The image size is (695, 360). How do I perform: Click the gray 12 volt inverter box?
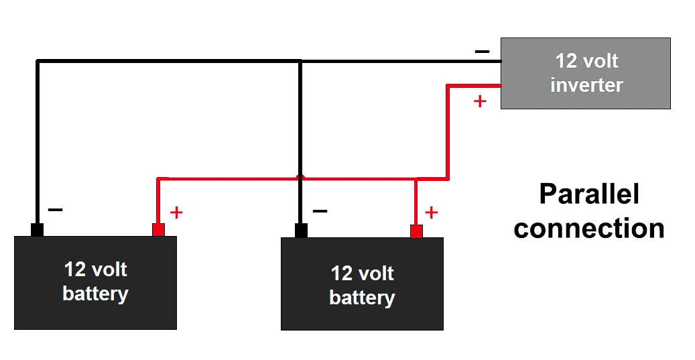coord(586,73)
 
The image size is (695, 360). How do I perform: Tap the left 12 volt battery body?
coord(95,282)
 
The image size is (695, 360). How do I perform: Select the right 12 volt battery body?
coord(362,284)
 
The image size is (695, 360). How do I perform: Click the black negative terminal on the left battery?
coord(38,229)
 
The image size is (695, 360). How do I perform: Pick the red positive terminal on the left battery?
coord(158,229)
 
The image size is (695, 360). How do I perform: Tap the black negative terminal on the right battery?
coord(301,230)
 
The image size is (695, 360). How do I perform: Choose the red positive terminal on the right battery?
coord(416,231)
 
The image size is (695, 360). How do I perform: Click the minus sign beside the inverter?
coord(481,52)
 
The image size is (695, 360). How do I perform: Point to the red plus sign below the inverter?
coord(480,101)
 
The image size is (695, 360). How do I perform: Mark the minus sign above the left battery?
coord(56,210)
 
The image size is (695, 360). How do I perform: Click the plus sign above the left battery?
coord(176,213)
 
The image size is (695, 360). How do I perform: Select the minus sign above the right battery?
coord(320,211)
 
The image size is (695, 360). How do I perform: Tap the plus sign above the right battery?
coord(432,213)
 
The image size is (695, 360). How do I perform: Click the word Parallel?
coord(589,194)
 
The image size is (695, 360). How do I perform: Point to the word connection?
coord(589,228)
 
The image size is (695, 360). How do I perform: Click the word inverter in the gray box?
coord(586,85)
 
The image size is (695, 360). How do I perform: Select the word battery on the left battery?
coord(95,294)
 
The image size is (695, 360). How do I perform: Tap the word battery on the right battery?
coord(362,297)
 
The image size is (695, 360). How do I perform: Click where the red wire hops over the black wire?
coord(300,178)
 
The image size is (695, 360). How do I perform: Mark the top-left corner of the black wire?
coord(38,61)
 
